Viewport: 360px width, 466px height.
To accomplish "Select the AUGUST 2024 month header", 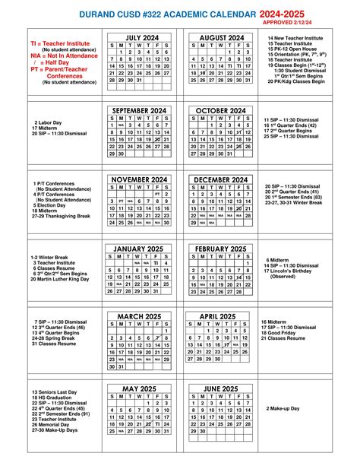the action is (x=220, y=37).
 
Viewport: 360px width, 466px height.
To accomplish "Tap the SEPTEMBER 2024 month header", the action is (x=139, y=110).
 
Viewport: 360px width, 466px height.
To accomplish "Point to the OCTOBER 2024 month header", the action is (x=220, y=110).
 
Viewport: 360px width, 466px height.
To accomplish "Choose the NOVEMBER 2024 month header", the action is (x=139, y=180).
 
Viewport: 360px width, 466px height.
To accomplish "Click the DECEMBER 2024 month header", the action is (x=220, y=180).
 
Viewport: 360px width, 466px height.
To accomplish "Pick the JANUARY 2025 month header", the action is (x=139, y=249).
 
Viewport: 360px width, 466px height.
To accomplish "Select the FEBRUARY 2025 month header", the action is (x=220, y=249).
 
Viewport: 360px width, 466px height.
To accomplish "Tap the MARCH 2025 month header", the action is (x=139, y=316).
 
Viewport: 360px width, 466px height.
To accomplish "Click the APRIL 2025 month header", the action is (x=220, y=316).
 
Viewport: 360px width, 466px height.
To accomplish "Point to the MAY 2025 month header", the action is (x=139, y=389).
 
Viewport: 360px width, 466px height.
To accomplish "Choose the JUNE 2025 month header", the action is (x=220, y=389).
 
